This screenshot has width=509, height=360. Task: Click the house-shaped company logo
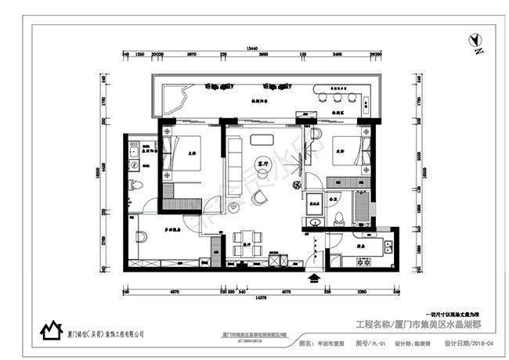[x=52, y=332]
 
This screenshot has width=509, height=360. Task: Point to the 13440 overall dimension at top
[x=252, y=48]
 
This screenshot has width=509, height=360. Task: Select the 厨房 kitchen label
[x=359, y=244]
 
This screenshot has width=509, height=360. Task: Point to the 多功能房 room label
[x=173, y=230]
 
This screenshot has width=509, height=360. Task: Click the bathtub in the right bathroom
[x=361, y=207]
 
